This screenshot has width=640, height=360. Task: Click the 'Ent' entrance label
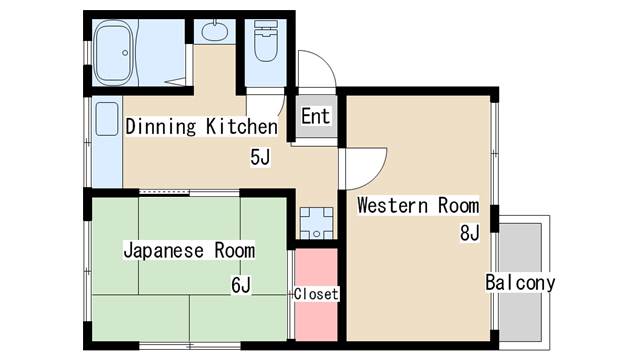coord(315,116)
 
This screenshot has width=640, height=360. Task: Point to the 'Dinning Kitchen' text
coord(200,127)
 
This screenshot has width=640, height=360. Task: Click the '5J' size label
coord(261,157)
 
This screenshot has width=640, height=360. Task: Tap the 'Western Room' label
coord(418,207)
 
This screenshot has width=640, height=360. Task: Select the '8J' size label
coord(470,234)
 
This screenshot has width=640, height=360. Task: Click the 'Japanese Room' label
coord(188,250)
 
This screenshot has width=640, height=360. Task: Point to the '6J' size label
coord(241,286)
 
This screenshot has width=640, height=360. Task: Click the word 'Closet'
coord(317,294)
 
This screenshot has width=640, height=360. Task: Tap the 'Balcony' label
coord(520,282)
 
